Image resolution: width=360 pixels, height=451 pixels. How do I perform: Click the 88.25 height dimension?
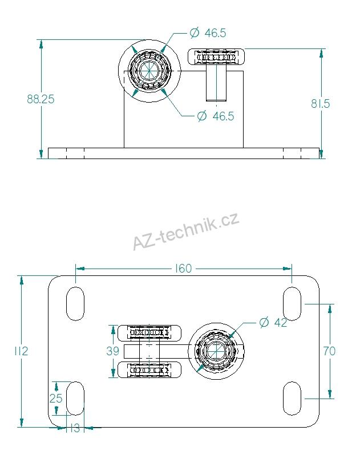pyautogui.click(x=41, y=99)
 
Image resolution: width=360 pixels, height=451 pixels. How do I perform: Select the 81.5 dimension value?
pyautogui.click(x=321, y=103)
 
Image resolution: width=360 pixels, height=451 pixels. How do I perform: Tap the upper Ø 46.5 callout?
pyautogui.click(x=208, y=33)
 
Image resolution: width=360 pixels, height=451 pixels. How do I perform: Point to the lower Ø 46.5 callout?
pyautogui.click(x=215, y=116)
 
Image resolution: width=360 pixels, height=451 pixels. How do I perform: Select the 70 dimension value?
pyautogui.click(x=329, y=351)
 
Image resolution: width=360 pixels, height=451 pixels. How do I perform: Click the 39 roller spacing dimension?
pyautogui.click(x=113, y=351)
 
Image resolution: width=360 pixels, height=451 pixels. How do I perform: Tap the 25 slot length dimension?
pyautogui.click(x=55, y=398)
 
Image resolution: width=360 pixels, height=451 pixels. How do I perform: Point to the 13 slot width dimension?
pyautogui.click(x=73, y=428)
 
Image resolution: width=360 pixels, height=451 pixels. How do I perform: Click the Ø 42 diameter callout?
pyautogui.click(x=273, y=323)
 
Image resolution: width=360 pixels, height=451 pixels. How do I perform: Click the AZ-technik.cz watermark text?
pyautogui.click(x=185, y=231)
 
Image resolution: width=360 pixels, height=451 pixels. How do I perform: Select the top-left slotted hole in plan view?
pyautogui.click(x=75, y=304)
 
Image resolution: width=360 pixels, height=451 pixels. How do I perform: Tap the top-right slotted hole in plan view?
pyautogui.click(x=292, y=304)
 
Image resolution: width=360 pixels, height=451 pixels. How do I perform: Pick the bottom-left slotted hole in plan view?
pyautogui.click(x=75, y=398)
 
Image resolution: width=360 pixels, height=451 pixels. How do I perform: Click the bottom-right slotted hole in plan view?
pyautogui.click(x=292, y=398)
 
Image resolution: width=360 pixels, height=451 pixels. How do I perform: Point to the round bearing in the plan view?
pyautogui.click(x=216, y=352)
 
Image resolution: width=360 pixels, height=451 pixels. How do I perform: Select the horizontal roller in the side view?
pyautogui.click(x=217, y=58)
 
